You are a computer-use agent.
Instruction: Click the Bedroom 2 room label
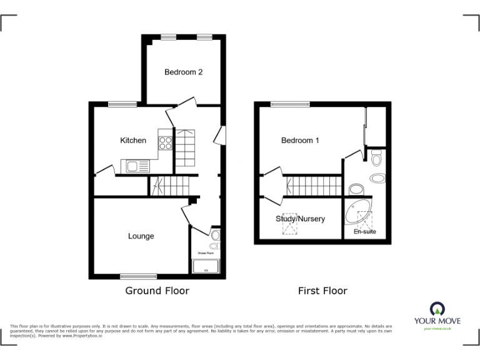click(x=183, y=72)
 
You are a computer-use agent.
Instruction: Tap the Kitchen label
click(x=133, y=141)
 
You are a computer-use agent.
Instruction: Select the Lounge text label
click(x=141, y=236)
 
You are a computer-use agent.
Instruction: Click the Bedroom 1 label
click(x=300, y=141)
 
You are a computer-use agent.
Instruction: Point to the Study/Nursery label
click(x=300, y=219)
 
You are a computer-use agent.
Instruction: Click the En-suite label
click(x=365, y=232)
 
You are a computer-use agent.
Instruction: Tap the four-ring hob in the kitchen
click(x=166, y=143)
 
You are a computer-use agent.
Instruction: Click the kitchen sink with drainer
click(x=136, y=166)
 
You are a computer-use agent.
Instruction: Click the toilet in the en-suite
click(x=376, y=159)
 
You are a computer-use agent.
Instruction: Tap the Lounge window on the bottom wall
click(x=138, y=275)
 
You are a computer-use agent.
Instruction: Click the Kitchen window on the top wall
click(x=121, y=104)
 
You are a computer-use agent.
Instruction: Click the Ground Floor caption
click(x=157, y=291)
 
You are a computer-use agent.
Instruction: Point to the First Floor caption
click(x=322, y=291)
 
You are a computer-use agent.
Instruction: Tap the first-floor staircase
click(x=313, y=186)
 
